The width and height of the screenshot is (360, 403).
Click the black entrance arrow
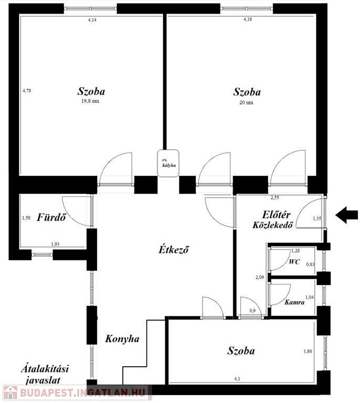[x=346, y=215]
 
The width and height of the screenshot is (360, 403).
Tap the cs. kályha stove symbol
[x=168, y=163]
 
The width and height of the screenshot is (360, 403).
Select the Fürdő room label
[x=51, y=217]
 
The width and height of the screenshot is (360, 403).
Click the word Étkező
[x=174, y=249]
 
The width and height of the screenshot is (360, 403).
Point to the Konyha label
[x=122, y=338]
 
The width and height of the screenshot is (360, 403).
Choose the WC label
[x=294, y=262]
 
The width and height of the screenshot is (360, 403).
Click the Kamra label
[x=294, y=302]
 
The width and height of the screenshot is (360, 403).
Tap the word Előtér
[x=277, y=215]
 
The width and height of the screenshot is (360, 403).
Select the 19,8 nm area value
[x=90, y=101]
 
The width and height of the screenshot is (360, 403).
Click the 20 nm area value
[x=246, y=102]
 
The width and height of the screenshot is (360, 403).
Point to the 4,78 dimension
[x=27, y=90]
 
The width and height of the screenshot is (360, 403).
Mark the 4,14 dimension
[x=92, y=20]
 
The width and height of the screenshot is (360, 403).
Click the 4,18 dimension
[x=248, y=19]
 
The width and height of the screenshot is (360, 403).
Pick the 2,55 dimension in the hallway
[x=274, y=198]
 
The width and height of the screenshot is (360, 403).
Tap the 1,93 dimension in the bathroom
[x=55, y=244]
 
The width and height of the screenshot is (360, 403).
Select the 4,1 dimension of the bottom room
[x=237, y=378]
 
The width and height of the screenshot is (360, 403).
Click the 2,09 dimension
[x=260, y=277]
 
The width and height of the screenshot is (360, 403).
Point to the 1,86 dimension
[x=308, y=352]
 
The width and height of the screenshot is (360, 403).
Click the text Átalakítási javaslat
[x=45, y=375]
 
